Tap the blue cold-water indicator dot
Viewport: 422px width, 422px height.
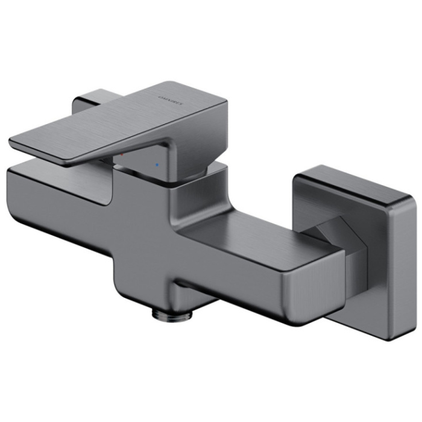pyautogui.click(x=158, y=163)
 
